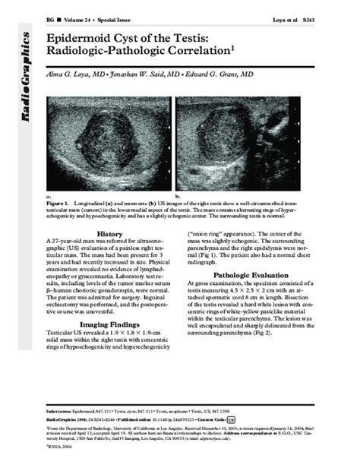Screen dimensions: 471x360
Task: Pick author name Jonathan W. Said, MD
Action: pyautogui.click(x=157, y=76)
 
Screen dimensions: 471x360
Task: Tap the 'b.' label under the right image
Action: pyautogui.click(x=178, y=195)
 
